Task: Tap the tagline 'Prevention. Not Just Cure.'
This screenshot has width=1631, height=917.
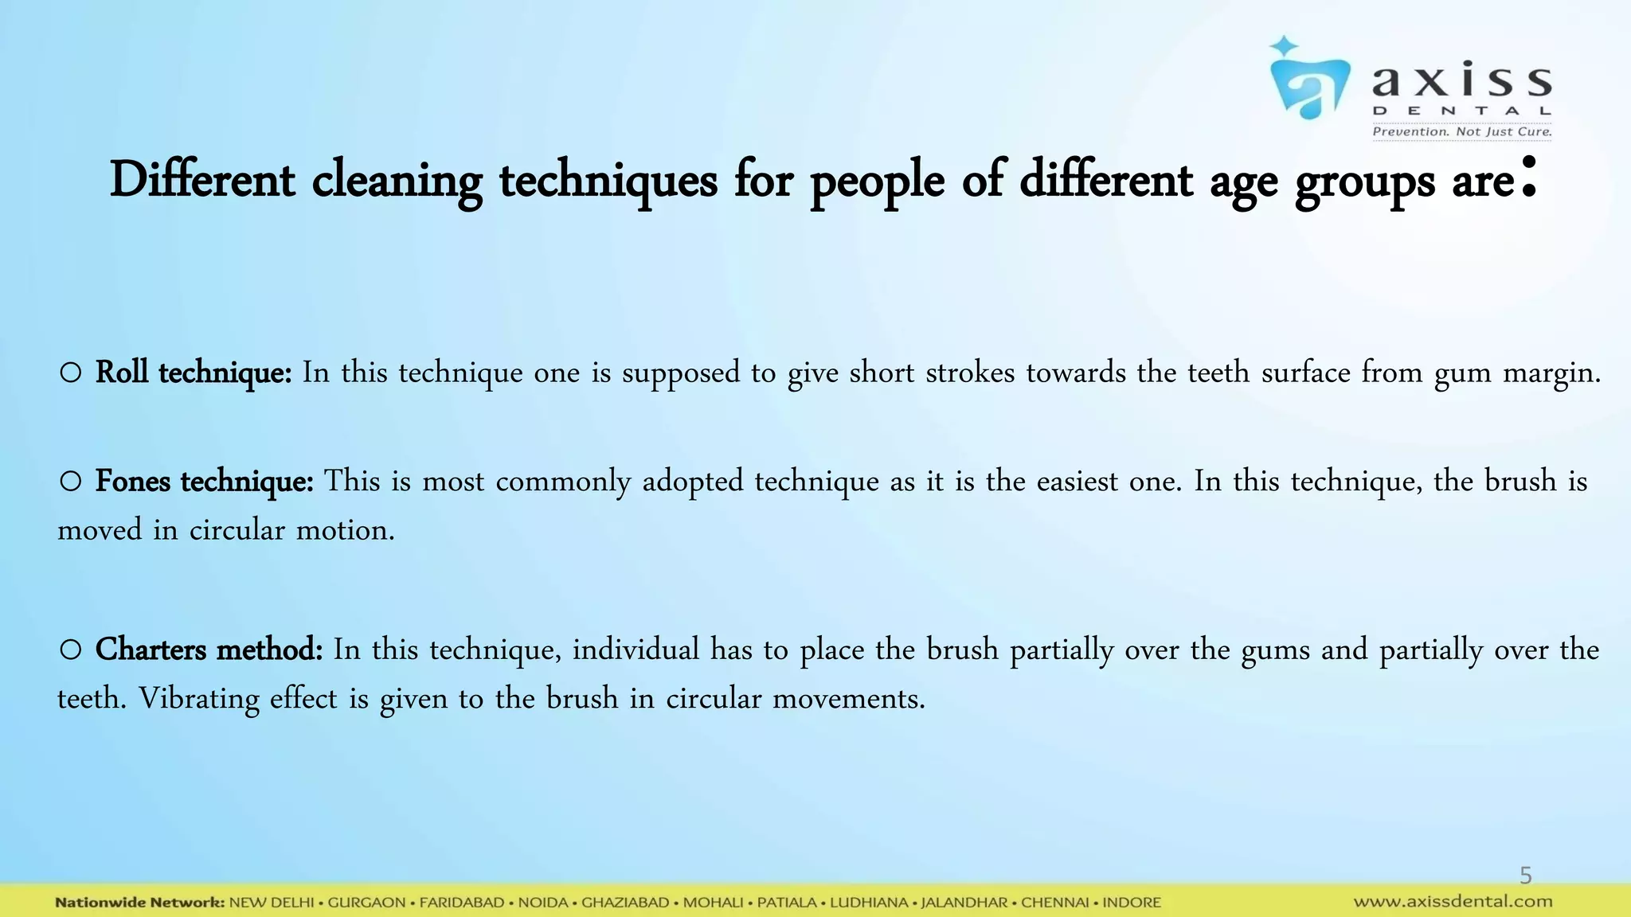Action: coord(1461,131)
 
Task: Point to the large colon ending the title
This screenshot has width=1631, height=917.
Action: coord(1527,178)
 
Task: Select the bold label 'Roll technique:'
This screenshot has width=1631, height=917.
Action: coord(194,373)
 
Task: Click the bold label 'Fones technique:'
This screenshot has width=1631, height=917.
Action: coord(204,481)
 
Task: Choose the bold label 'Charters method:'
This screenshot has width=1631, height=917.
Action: coord(209,650)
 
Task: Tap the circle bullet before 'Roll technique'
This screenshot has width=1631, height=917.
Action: coord(70,373)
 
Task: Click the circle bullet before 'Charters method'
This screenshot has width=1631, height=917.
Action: coord(70,650)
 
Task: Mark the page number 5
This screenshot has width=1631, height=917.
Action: coord(1525,876)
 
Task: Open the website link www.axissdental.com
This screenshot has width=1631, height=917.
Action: coord(1453,902)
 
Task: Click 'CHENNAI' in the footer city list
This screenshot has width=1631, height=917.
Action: coord(1055,903)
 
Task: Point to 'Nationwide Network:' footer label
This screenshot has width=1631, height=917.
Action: coord(140,903)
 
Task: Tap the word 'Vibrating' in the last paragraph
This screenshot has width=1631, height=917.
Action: coord(199,699)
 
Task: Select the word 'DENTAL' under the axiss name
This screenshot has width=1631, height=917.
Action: coord(1461,111)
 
